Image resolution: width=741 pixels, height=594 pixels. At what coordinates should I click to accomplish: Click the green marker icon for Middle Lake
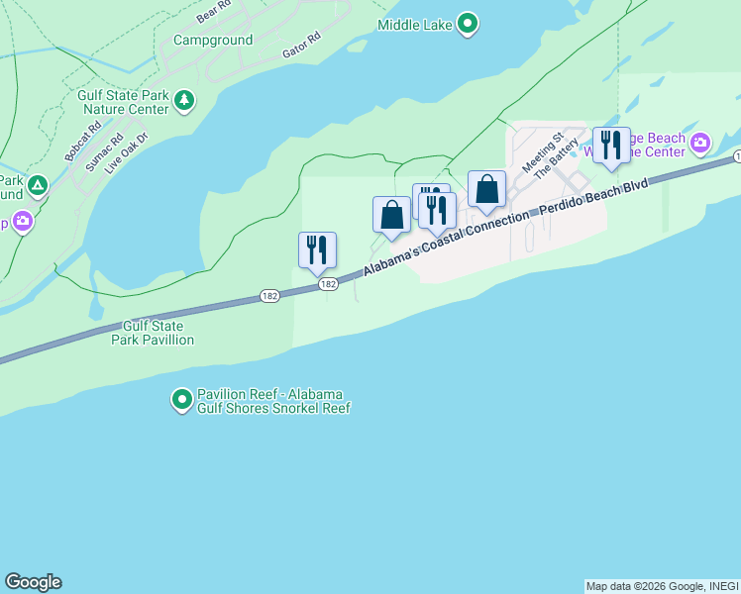click(x=470, y=22)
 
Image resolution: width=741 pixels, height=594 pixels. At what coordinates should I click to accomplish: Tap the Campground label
click(x=213, y=41)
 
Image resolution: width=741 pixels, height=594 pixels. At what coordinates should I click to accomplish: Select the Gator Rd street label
click(x=302, y=45)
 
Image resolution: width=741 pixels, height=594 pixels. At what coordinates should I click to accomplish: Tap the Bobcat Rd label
click(x=83, y=142)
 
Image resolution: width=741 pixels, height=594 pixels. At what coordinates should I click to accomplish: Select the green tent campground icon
click(x=37, y=184)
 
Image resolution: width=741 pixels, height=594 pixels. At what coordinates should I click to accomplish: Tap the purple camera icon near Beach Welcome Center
click(x=700, y=144)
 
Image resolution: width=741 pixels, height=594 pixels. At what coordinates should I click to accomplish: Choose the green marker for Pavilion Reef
click(x=182, y=400)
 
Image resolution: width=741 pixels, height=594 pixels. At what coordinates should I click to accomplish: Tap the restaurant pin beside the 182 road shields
click(x=317, y=250)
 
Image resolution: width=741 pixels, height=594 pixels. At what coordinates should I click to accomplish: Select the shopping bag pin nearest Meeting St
click(x=486, y=189)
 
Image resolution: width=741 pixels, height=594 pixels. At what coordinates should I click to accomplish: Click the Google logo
click(x=33, y=582)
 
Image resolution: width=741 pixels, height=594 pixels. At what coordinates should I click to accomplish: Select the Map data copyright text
click(x=662, y=586)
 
